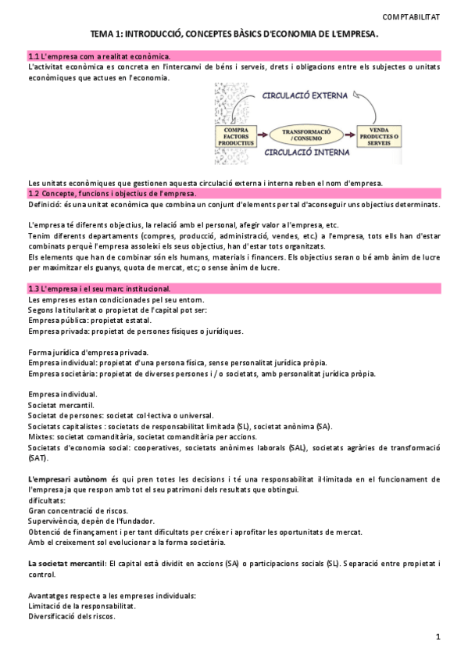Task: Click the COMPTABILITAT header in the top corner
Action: click(411, 16)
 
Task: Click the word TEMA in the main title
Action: click(103, 34)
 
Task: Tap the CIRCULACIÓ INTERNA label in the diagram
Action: click(301, 153)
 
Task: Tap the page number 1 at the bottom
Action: click(438, 638)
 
